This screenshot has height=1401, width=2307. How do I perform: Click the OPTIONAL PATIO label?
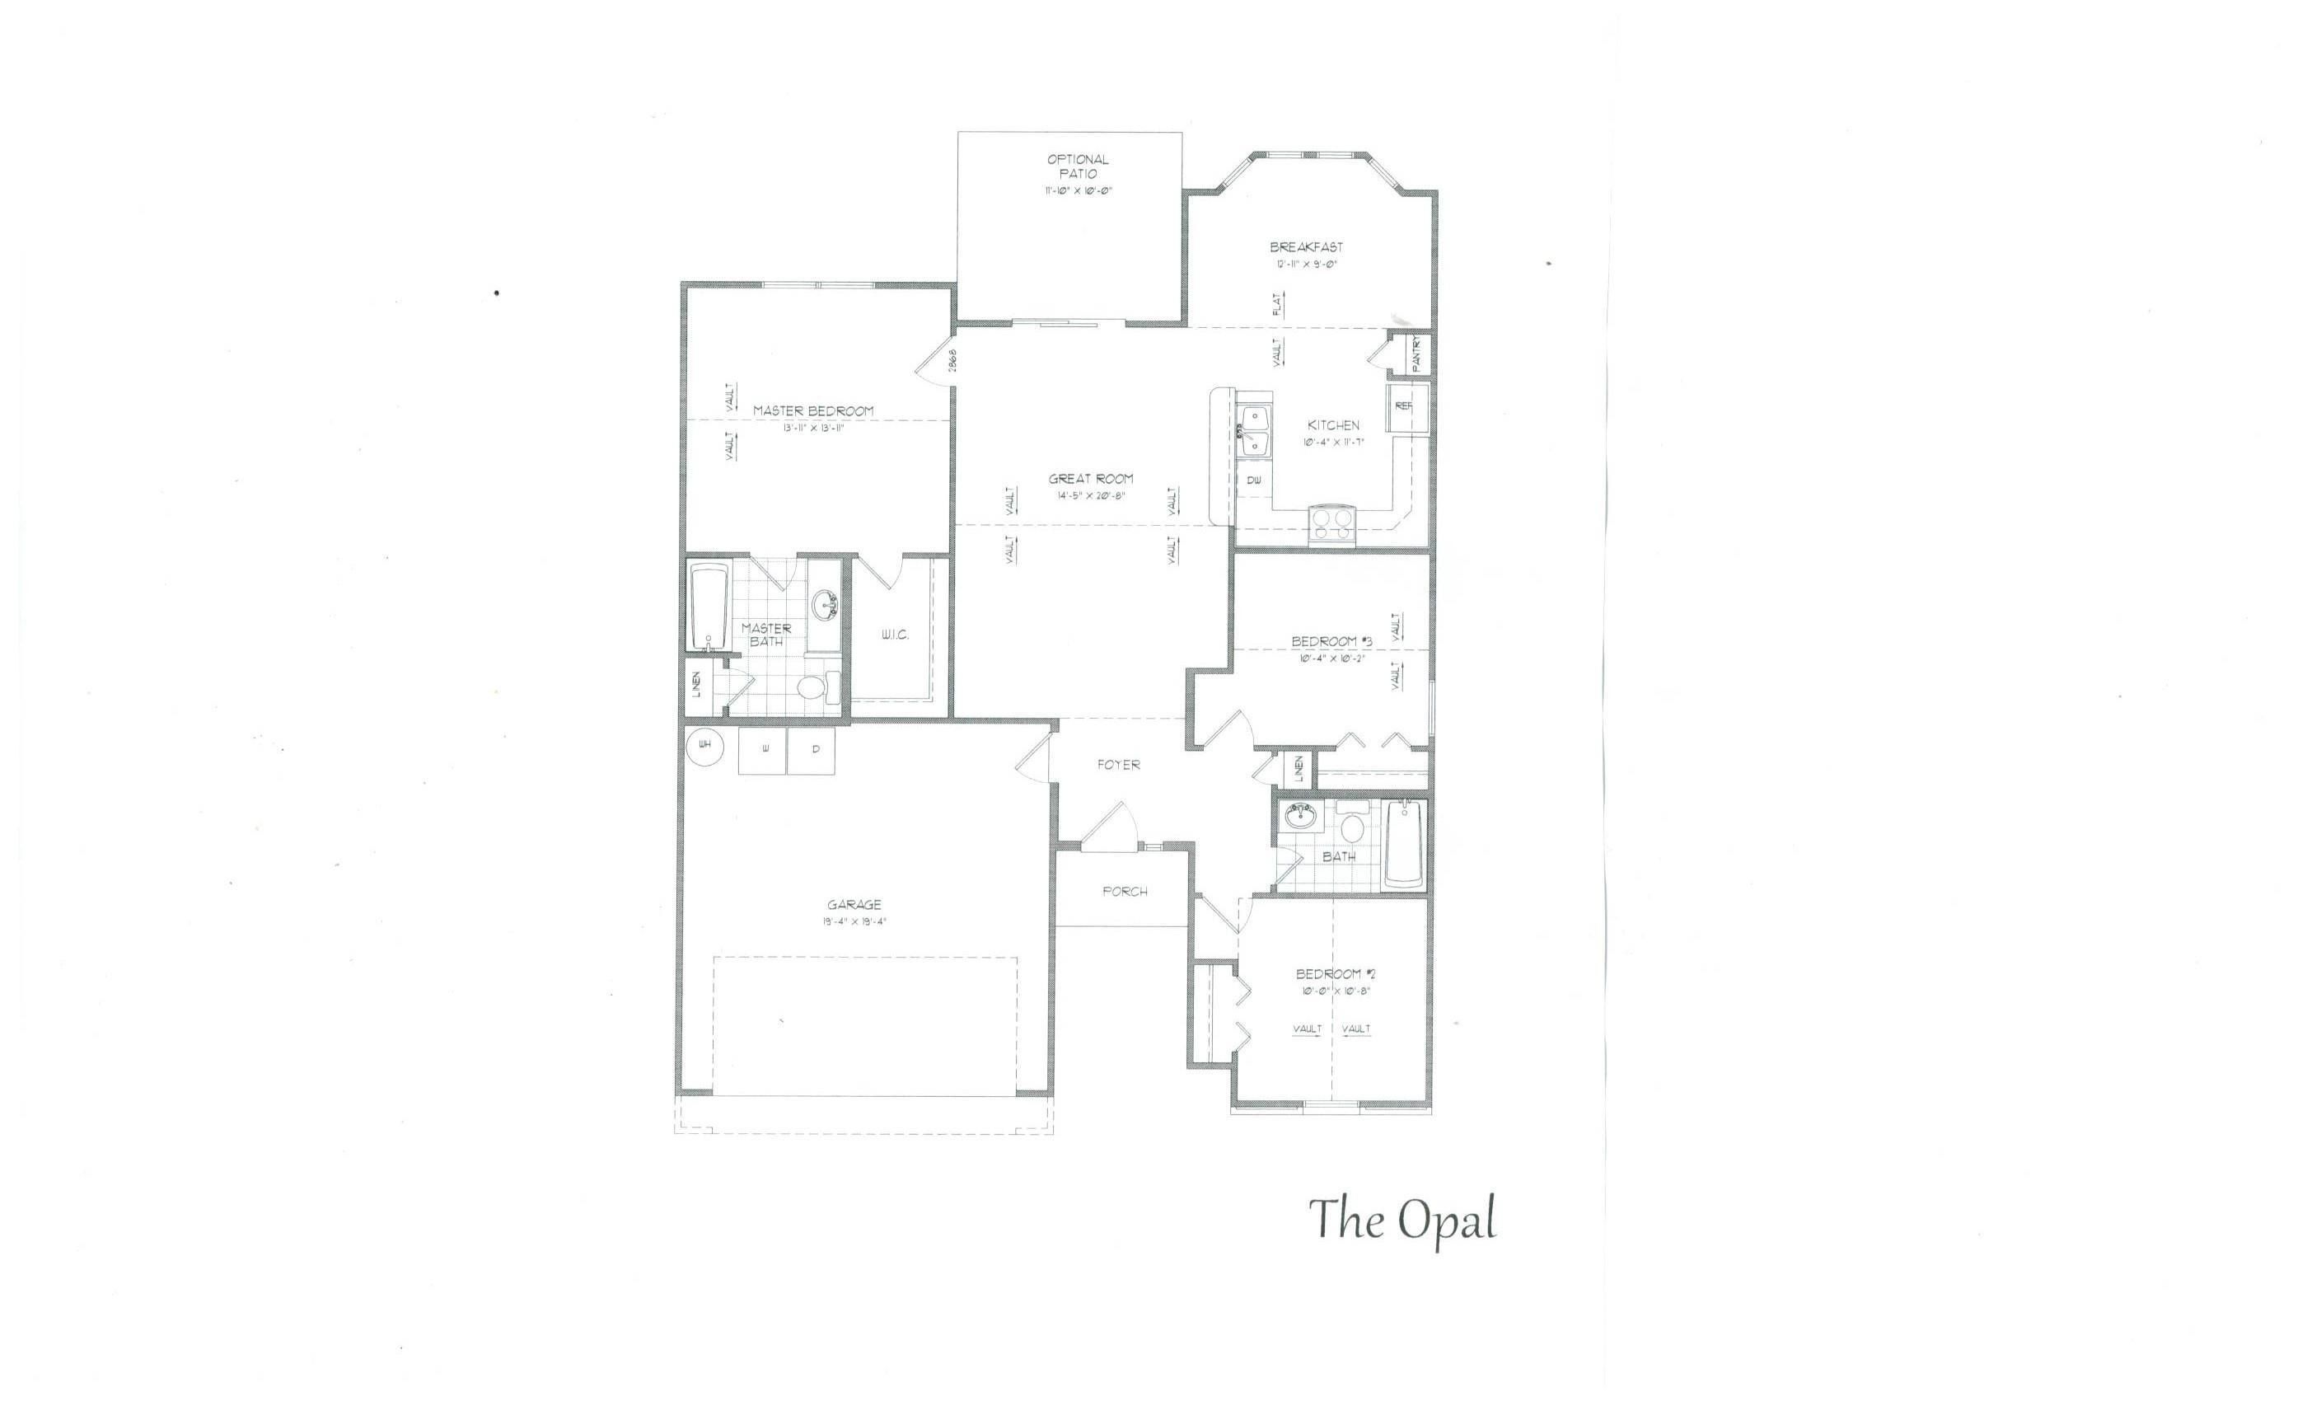[x=1078, y=166]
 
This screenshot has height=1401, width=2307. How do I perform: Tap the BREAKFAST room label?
[x=1306, y=247]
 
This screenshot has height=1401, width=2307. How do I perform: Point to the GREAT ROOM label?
[x=1091, y=479]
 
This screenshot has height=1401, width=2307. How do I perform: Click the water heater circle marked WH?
[x=705, y=746]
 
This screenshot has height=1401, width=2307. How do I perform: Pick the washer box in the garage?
[x=763, y=751]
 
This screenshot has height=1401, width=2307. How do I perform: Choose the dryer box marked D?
[x=812, y=751]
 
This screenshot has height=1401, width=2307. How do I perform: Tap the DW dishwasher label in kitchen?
[x=1254, y=480]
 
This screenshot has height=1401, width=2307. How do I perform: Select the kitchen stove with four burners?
[x=1331, y=524]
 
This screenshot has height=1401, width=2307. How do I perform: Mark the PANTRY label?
[x=1416, y=354]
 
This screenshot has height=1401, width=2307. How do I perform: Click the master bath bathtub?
[x=709, y=606]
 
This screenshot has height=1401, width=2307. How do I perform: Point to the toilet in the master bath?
[x=812, y=687]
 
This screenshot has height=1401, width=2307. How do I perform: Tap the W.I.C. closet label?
[x=894, y=635]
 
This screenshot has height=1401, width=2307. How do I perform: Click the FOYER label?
[x=1119, y=765]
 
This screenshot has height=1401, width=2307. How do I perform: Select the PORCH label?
[x=1125, y=892]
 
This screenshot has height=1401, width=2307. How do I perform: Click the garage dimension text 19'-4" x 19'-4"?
[x=854, y=921]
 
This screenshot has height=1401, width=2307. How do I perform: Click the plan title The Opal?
[x=1402, y=1220]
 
